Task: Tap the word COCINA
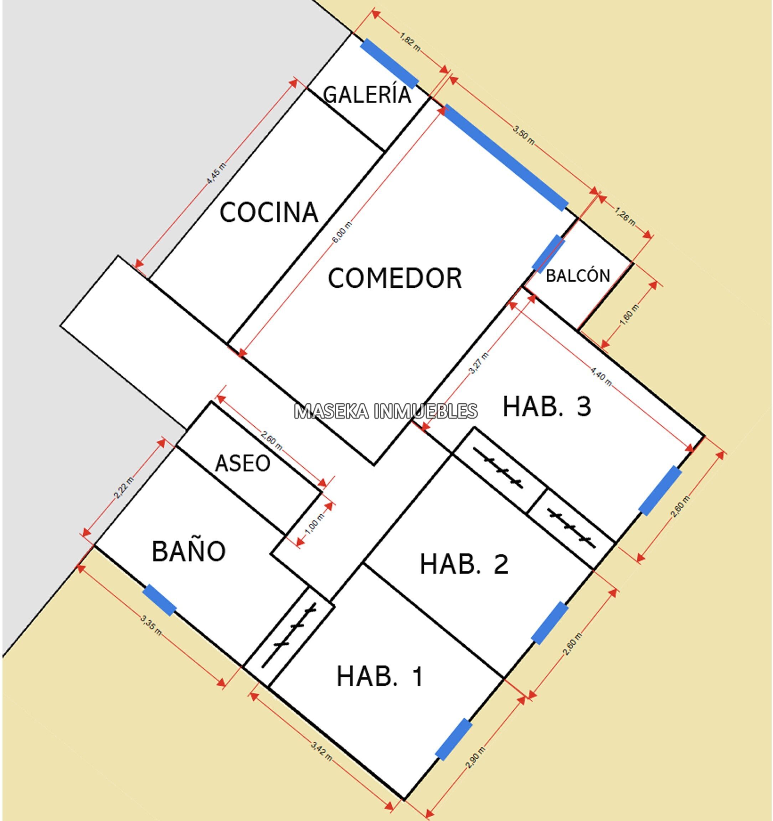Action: (x=269, y=212)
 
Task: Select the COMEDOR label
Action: (x=395, y=278)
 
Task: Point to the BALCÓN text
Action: (x=578, y=276)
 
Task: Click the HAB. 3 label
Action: (x=547, y=406)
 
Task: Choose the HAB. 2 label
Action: (x=464, y=564)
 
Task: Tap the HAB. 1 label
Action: (x=380, y=676)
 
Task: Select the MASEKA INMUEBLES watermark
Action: (x=386, y=411)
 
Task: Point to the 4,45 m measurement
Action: (x=217, y=173)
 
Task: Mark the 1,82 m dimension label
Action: (x=409, y=42)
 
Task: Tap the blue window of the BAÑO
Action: (x=159, y=600)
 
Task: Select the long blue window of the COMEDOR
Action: (x=505, y=157)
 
